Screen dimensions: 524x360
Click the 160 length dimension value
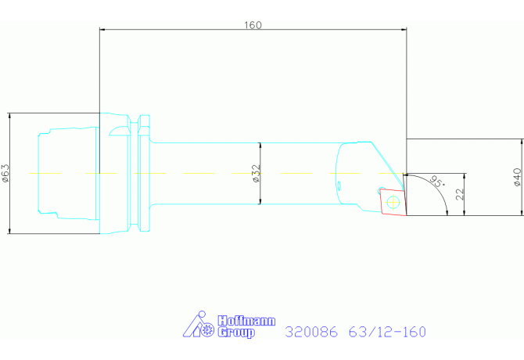(x=253, y=25)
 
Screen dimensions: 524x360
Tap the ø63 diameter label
(x=5, y=173)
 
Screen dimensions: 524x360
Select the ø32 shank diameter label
(x=256, y=173)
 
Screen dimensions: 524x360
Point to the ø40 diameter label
(x=517, y=177)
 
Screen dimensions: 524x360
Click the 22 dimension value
(x=460, y=194)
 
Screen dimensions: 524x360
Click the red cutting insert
(x=393, y=202)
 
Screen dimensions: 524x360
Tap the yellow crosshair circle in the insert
(x=393, y=202)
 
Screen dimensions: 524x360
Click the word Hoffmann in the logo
(x=246, y=321)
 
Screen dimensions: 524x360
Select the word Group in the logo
(x=236, y=333)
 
